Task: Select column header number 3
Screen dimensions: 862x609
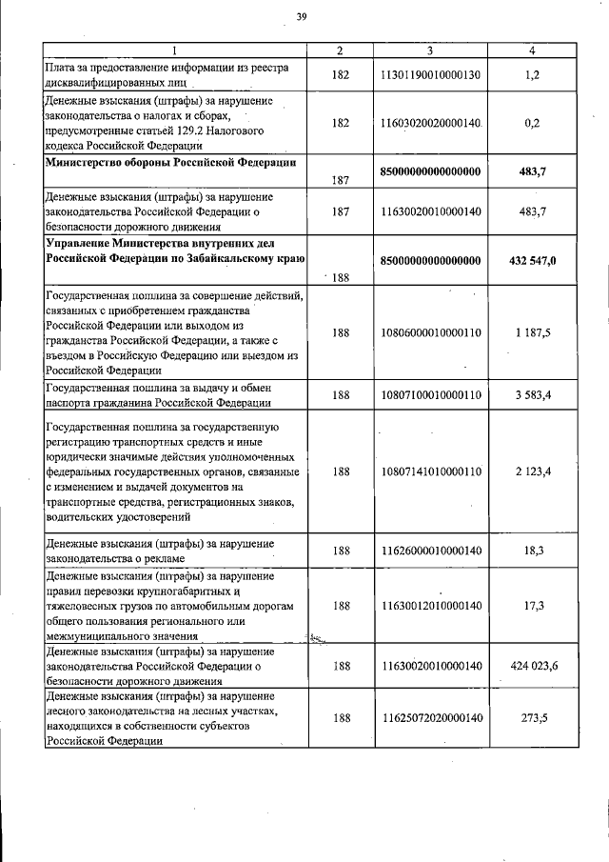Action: tap(430, 50)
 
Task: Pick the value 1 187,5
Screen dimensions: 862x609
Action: tap(532, 333)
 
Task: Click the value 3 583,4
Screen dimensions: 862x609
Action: tap(532, 394)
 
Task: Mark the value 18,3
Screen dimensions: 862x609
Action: tap(532, 551)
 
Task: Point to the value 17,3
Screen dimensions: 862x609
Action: tap(532, 605)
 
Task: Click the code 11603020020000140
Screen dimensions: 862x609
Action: tap(431, 123)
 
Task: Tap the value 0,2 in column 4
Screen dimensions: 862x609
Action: tap(532, 123)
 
